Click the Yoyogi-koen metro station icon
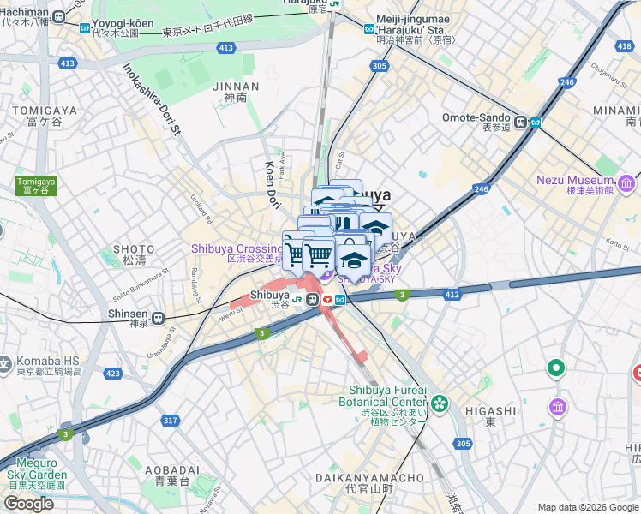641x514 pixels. coord(85,27)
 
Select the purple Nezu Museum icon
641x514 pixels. coord(626,183)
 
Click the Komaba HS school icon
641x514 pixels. coord(3,366)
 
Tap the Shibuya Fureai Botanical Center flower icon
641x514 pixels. coord(440,402)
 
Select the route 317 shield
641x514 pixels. coord(171,420)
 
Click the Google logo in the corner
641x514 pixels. coord(28,504)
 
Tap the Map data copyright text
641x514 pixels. coord(586,507)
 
